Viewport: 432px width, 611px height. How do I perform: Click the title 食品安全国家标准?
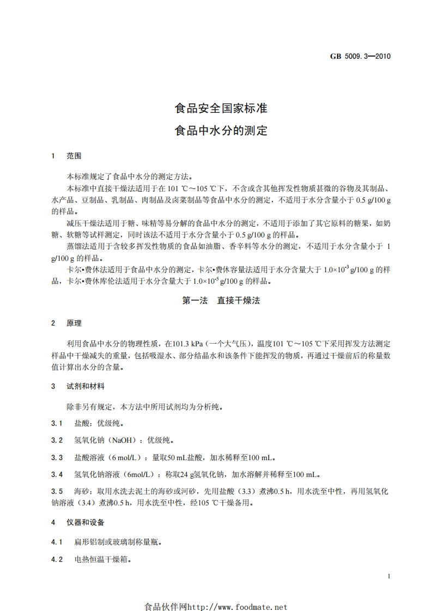221,108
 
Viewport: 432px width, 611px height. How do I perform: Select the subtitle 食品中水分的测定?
221,131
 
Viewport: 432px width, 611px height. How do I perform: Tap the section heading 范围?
74,156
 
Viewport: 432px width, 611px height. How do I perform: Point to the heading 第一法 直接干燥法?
221,301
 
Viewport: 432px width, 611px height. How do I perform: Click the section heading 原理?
74,323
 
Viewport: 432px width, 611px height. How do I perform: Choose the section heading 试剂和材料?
86,386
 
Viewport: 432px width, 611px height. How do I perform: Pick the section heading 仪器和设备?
86,523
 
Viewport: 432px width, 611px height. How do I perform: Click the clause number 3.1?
57,423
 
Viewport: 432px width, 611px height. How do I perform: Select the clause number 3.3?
57,457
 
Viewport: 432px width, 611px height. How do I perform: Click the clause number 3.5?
57,491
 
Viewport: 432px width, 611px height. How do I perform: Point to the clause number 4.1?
57,542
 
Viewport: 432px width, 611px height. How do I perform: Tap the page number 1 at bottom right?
387,576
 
